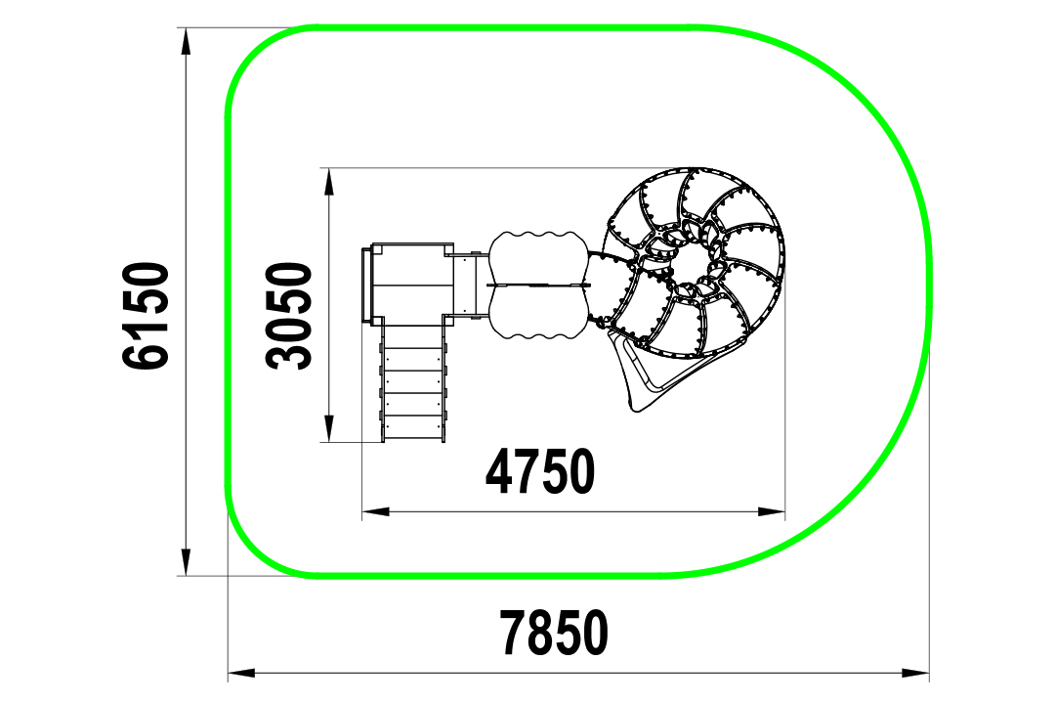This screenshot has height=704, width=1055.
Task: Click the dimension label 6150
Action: [x=146, y=316]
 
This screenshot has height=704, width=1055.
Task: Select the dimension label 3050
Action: [x=289, y=316]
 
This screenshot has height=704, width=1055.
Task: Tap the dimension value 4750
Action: [x=540, y=471]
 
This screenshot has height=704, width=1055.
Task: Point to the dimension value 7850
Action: [x=554, y=633]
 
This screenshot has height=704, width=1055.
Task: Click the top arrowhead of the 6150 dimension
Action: [x=187, y=42]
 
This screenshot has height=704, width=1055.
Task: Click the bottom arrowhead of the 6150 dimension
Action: [x=187, y=562]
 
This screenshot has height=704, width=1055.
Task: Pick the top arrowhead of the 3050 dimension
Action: [x=329, y=181]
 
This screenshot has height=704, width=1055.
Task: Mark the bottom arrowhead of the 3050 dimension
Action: [x=329, y=428]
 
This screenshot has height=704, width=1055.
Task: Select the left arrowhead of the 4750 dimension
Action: [x=376, y=512]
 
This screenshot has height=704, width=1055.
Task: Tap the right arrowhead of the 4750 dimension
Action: [x=771, y=512]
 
